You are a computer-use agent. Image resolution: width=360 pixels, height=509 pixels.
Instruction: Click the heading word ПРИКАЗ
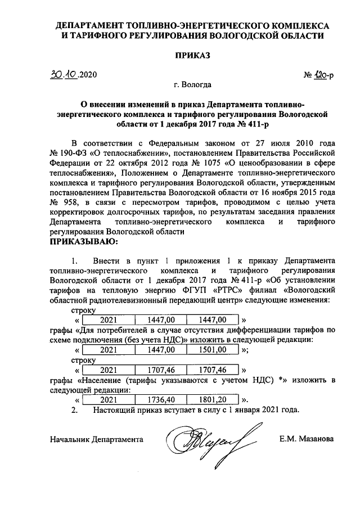tap(192, 55)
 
